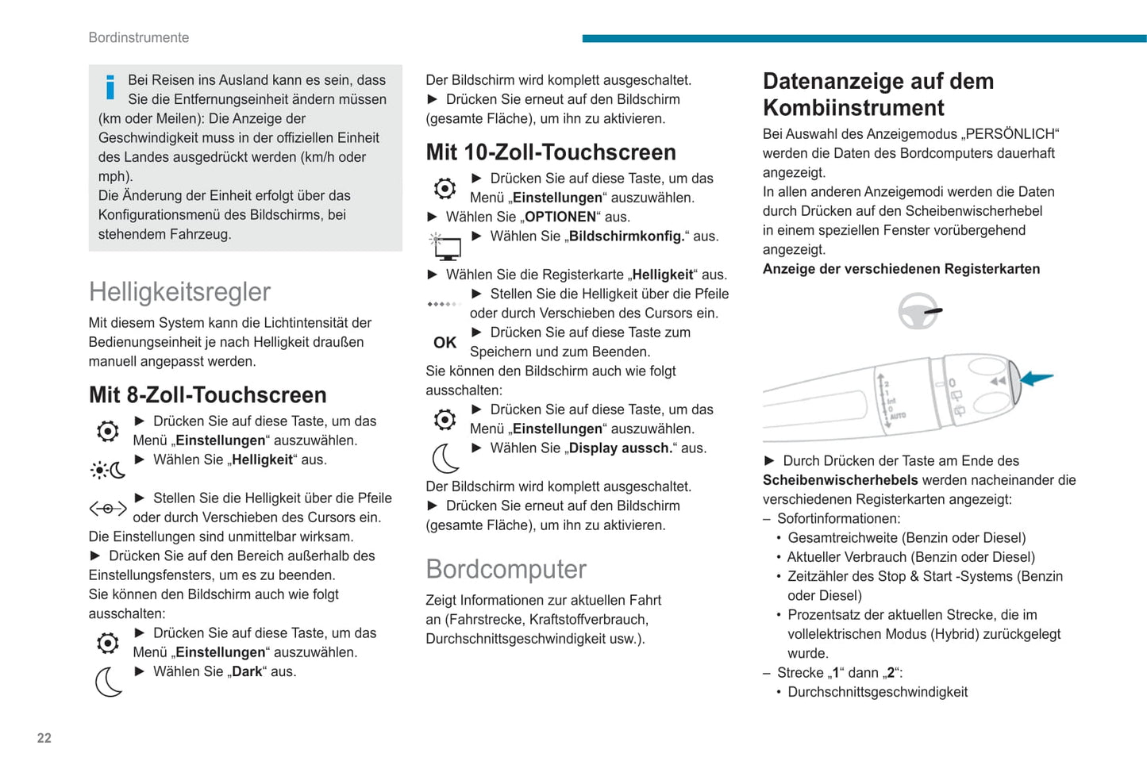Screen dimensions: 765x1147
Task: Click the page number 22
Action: point(44,738)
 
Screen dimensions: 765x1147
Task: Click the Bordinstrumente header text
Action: point(139,37)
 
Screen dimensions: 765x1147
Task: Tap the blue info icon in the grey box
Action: point(110,87)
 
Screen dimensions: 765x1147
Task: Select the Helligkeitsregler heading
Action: point(179,292)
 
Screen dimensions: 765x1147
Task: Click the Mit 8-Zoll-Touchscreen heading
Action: point(208,394)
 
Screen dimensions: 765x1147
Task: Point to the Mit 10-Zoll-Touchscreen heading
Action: point(551,152)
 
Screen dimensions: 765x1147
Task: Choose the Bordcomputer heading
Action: point(506,569)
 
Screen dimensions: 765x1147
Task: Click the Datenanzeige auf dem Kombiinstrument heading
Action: point(878,94)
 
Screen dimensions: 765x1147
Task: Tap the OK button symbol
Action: point(445,343)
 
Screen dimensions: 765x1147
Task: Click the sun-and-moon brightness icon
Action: point(108,470)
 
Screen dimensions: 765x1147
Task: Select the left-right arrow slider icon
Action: point(108,508)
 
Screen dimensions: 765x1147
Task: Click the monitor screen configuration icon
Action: point(446,246)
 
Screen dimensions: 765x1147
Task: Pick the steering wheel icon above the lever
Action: point(918,310)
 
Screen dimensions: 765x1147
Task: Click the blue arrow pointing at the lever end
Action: point(1037,379)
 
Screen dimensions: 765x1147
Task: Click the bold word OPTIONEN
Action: point(560,217)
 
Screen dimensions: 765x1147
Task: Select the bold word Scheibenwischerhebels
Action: point(841,480)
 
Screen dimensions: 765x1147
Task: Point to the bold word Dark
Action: point(247,671)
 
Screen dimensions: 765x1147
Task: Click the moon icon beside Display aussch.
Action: point(445,458)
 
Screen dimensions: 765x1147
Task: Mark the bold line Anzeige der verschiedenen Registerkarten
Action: point(901,269)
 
